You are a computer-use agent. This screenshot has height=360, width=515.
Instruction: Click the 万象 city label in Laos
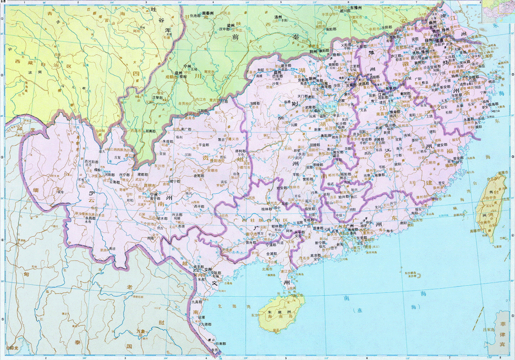(x=139, y=331)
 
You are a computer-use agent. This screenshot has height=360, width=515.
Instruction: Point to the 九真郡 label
(x=197, y=301)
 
